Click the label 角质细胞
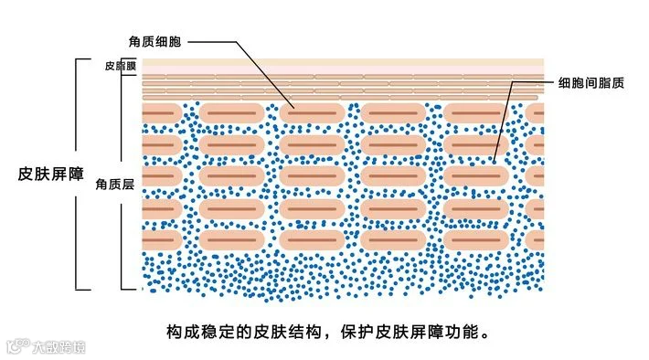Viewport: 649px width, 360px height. point(154,42)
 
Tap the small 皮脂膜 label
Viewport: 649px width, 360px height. point(120,66)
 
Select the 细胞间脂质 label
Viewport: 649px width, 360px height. point(591,83)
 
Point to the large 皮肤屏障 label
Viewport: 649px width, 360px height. point(51,174)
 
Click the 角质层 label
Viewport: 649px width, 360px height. point(115,185)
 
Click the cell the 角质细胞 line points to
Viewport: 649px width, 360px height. point(312,113)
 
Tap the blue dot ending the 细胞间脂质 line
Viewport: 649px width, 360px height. point(494,162)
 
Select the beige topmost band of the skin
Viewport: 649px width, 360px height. point(343,62)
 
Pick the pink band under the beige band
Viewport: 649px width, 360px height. point(343,70)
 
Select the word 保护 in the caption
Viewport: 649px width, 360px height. point(357,332)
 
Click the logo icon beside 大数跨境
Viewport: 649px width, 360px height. point(17,346)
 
